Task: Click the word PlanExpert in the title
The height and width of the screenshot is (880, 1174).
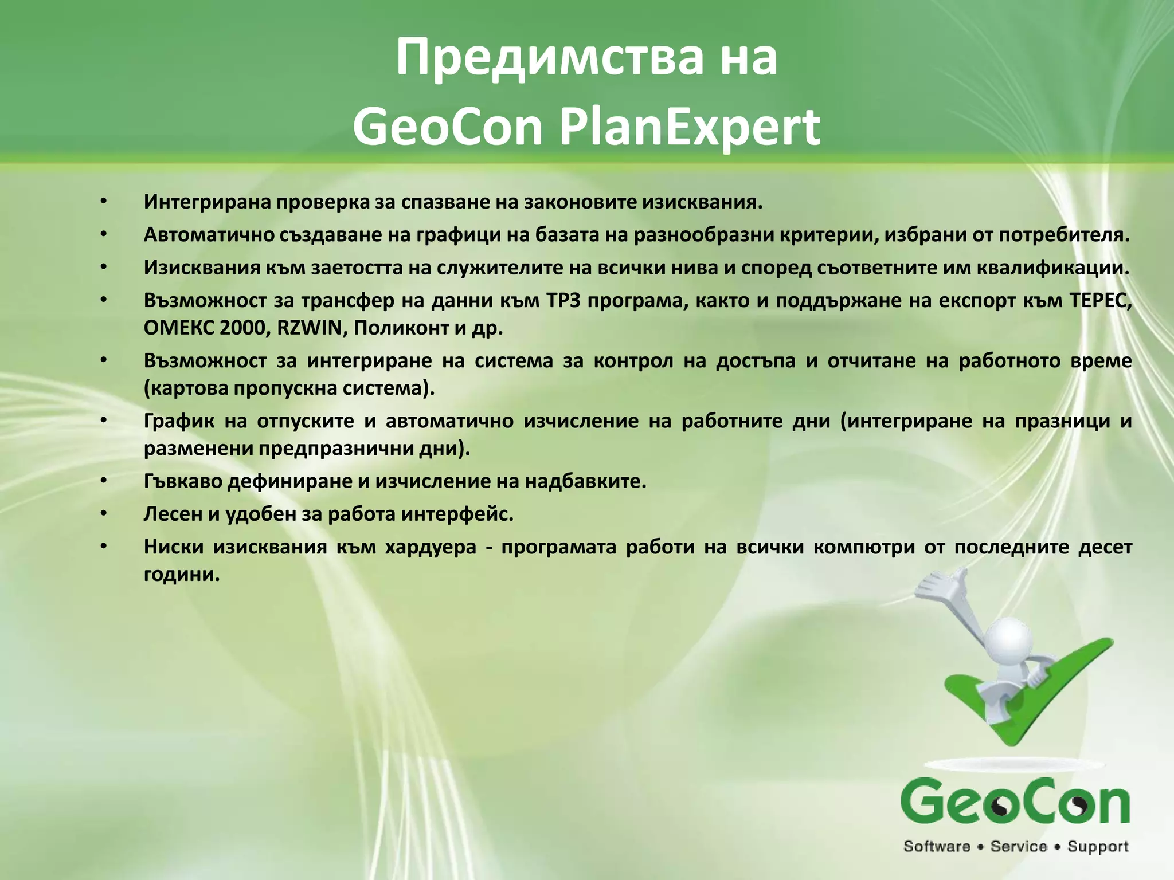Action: (x=690, y=127)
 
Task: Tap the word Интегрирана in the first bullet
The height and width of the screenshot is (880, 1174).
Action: (x=207, y=202)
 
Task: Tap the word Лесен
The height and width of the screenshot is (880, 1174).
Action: (x=171, y=514)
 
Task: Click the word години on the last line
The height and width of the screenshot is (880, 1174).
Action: (x=182, y=574)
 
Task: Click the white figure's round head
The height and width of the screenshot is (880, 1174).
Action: (x=1012, y=636)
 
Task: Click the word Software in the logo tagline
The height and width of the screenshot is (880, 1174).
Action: (x=937, y=847)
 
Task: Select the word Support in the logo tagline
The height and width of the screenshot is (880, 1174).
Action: (x=1098, y=847)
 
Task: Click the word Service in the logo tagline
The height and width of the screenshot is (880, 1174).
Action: (x=1019, y=847)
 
